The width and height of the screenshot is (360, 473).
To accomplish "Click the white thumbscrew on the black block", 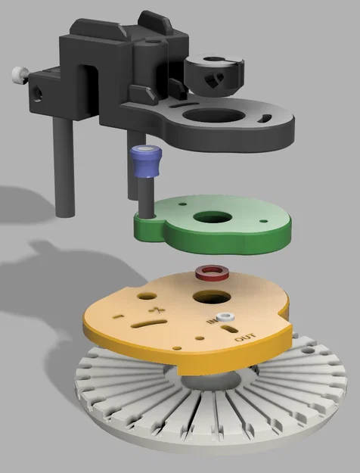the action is tap(20, 75).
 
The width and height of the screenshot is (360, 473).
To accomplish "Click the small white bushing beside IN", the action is tap(226, 317).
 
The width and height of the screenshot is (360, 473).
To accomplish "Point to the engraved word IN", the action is tap(213, 320).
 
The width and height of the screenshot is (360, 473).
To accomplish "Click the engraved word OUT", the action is tap(245, 337).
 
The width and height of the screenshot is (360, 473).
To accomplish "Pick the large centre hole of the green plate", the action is tap(213, 217).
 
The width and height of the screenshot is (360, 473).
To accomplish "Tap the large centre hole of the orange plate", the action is tap(212, 297).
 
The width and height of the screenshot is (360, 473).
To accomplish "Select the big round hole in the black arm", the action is tap(213, 115).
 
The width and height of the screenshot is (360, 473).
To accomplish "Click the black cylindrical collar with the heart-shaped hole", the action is tap(214, 74).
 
